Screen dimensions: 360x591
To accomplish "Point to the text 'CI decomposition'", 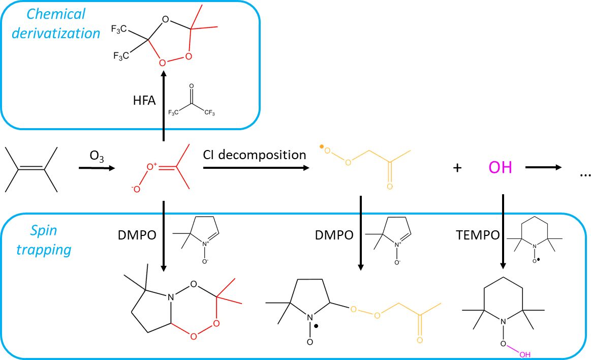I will [x=255, y=155].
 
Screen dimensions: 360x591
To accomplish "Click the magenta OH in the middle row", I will [x=500, y=167].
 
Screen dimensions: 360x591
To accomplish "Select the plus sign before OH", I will [x=457, y=168].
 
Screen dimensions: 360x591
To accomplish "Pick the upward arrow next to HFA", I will [x=164, y=107].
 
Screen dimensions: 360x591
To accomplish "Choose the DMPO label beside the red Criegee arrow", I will [x=136, y=235].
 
